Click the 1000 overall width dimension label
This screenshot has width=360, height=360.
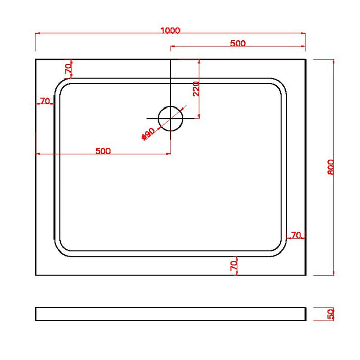tap(170, 30)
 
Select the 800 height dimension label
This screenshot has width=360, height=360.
tap(331, 167)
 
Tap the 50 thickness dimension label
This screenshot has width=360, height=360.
tap(331, 313)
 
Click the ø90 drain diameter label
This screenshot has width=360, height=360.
tap(148, 134)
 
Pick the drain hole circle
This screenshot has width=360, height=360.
tap(170, 118)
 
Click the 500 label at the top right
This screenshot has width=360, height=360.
tap(238, 43)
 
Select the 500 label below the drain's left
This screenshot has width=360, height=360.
tap(103, 151)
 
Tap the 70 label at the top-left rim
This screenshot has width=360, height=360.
tap(68, 68)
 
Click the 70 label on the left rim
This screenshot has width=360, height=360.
tap(45, 101)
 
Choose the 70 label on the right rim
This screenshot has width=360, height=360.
tap(296, 235)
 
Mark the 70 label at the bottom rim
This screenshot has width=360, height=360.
tap(233, 265)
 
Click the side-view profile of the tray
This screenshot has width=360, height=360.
tap(170, 314)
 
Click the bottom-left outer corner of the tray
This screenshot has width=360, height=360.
tap(36, 275)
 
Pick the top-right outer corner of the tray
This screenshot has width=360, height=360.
tap(305, 59)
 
